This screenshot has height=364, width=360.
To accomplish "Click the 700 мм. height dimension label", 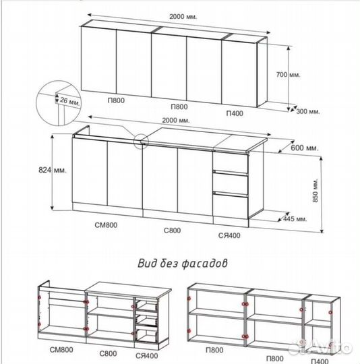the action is click(x=288, y=75).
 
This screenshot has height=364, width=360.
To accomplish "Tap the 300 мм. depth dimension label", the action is click(x=308, y=111).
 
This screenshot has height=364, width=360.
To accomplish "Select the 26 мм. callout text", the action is click(x=70, y=101).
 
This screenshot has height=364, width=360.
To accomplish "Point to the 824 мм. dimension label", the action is click(x=53, y=170).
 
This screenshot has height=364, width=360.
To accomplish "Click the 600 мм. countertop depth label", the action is click(x=305, y=148).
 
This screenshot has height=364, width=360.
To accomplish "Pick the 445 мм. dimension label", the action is click(x=295, y=218).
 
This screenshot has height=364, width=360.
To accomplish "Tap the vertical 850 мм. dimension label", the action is click(x=316, y=190).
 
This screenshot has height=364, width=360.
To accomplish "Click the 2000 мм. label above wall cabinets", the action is click(x=183, y=17).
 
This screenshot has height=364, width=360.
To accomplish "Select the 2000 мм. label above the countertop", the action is click(x=176, y=121).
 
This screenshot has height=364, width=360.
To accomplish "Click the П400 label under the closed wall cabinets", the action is click(x=235, y=113).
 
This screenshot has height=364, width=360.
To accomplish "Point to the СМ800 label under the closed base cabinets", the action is click(x=106, y=225).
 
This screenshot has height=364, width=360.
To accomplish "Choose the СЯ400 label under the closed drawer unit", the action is click(x=229, y=236).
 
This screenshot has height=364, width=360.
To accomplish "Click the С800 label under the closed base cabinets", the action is click(x=172, y=231).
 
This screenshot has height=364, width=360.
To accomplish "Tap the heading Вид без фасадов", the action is click(x=183, y=264).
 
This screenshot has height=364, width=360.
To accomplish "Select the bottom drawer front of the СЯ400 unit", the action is click(x=231, y=206).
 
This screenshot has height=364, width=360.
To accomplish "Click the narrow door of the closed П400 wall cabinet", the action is click(x=239, y=73).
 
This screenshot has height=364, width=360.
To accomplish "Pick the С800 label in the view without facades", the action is click(x=108, y=354).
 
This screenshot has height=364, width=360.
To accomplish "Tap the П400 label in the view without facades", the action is click(x=320, y=361).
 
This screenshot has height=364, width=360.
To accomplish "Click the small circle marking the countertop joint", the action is click(x=141, y=141).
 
